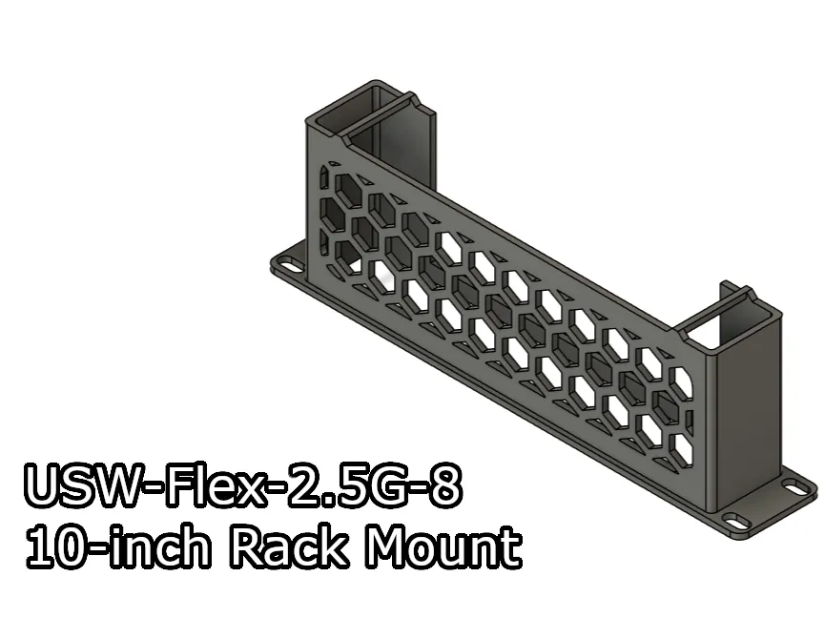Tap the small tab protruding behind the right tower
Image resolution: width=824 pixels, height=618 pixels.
click(725, 284)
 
